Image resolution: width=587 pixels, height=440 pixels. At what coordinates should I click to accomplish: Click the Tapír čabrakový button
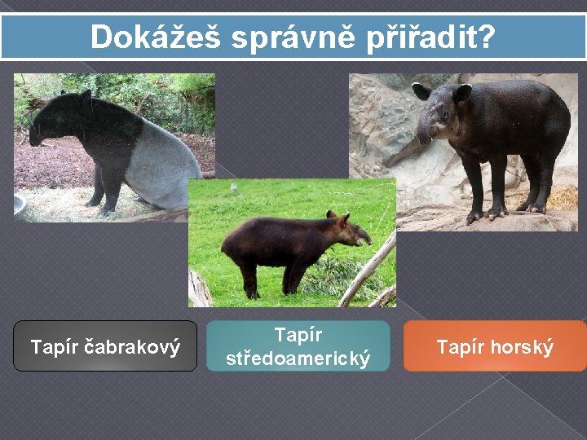pyautogui.click(x=105, y=346)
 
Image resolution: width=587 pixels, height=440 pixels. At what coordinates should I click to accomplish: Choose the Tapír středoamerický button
pyautogui.click(x=298, y=346)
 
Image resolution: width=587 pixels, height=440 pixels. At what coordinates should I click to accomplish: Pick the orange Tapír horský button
pyautogui.click(x=495, y=346)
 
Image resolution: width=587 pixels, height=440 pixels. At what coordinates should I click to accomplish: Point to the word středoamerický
pyautogui.click(x=298, y=358)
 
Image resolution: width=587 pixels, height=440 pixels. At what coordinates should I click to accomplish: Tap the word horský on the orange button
pyautogui.click(x=522, y=347)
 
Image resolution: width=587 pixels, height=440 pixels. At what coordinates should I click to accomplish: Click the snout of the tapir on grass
pyautogui.click(x=364, y=236)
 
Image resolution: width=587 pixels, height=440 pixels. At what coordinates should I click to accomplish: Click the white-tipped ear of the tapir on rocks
pyautogui.click(x=421, y=90)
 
